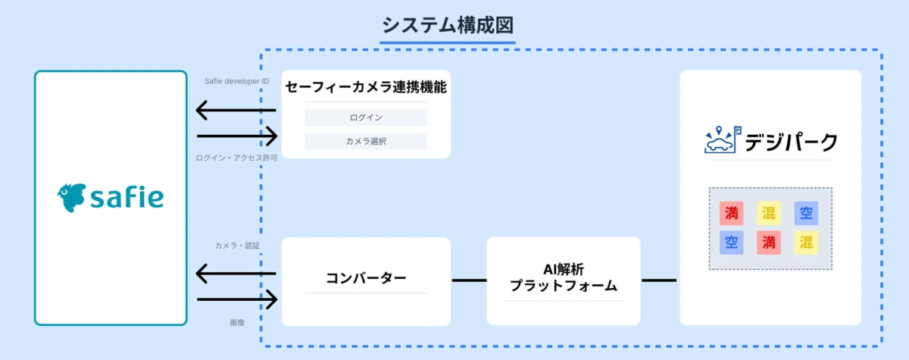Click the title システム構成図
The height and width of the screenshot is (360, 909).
448,25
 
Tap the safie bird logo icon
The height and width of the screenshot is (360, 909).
72,197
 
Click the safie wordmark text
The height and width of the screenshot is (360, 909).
127,198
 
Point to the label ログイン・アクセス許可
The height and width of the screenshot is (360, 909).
236,158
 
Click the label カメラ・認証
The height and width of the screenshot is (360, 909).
237,246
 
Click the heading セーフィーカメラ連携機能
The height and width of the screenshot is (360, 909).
366,87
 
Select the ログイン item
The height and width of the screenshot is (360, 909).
366,117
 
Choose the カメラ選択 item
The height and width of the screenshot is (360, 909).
366,141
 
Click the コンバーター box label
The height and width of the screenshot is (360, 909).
366,278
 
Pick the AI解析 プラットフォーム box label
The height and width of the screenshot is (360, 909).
563,278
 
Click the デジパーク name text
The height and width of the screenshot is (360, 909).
791,142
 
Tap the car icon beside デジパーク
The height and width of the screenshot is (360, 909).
720,141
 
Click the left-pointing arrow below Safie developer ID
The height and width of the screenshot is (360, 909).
236,111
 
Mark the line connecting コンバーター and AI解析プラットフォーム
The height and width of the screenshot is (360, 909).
469,280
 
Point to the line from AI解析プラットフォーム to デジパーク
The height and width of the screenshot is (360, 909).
658,280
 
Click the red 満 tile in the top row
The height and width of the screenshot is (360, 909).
732,213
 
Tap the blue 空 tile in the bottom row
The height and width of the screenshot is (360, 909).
732,243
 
